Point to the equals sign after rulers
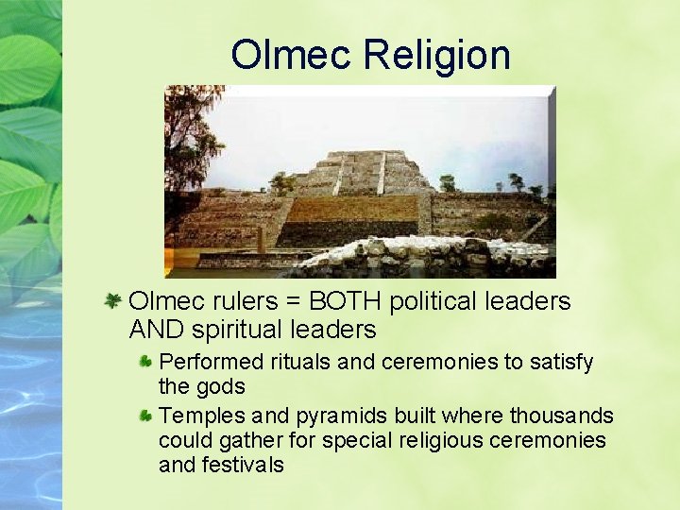291,302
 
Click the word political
437,301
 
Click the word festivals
246,465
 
